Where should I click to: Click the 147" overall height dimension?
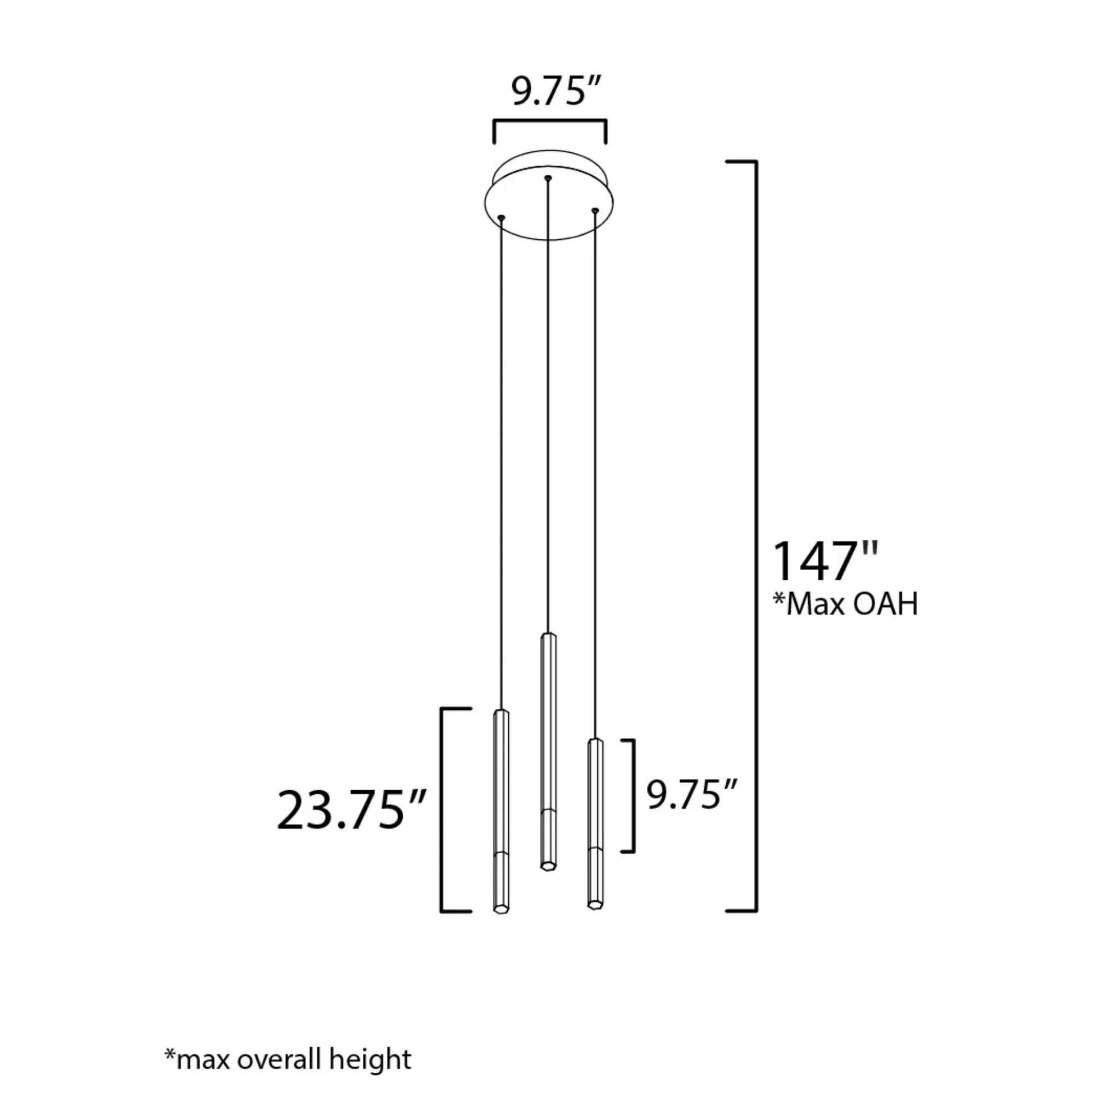[826, 561]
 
